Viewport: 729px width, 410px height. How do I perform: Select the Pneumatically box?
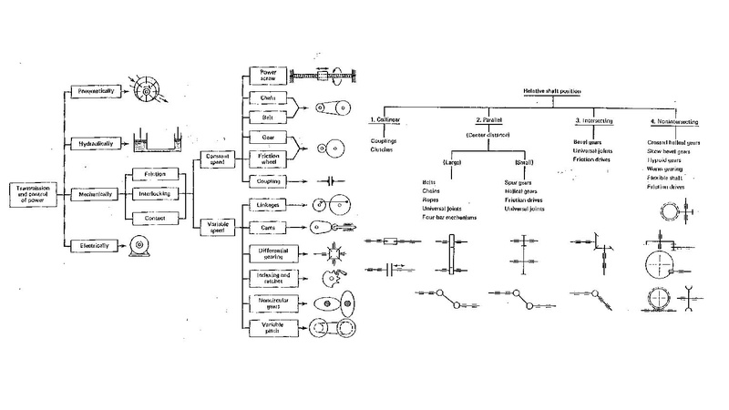[97, 92]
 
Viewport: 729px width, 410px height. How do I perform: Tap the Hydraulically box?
[97, 142]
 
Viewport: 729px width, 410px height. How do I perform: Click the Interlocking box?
[148, 193]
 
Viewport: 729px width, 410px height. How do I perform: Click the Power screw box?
[269, 76]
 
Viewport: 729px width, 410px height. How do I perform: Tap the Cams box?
[269, 228]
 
